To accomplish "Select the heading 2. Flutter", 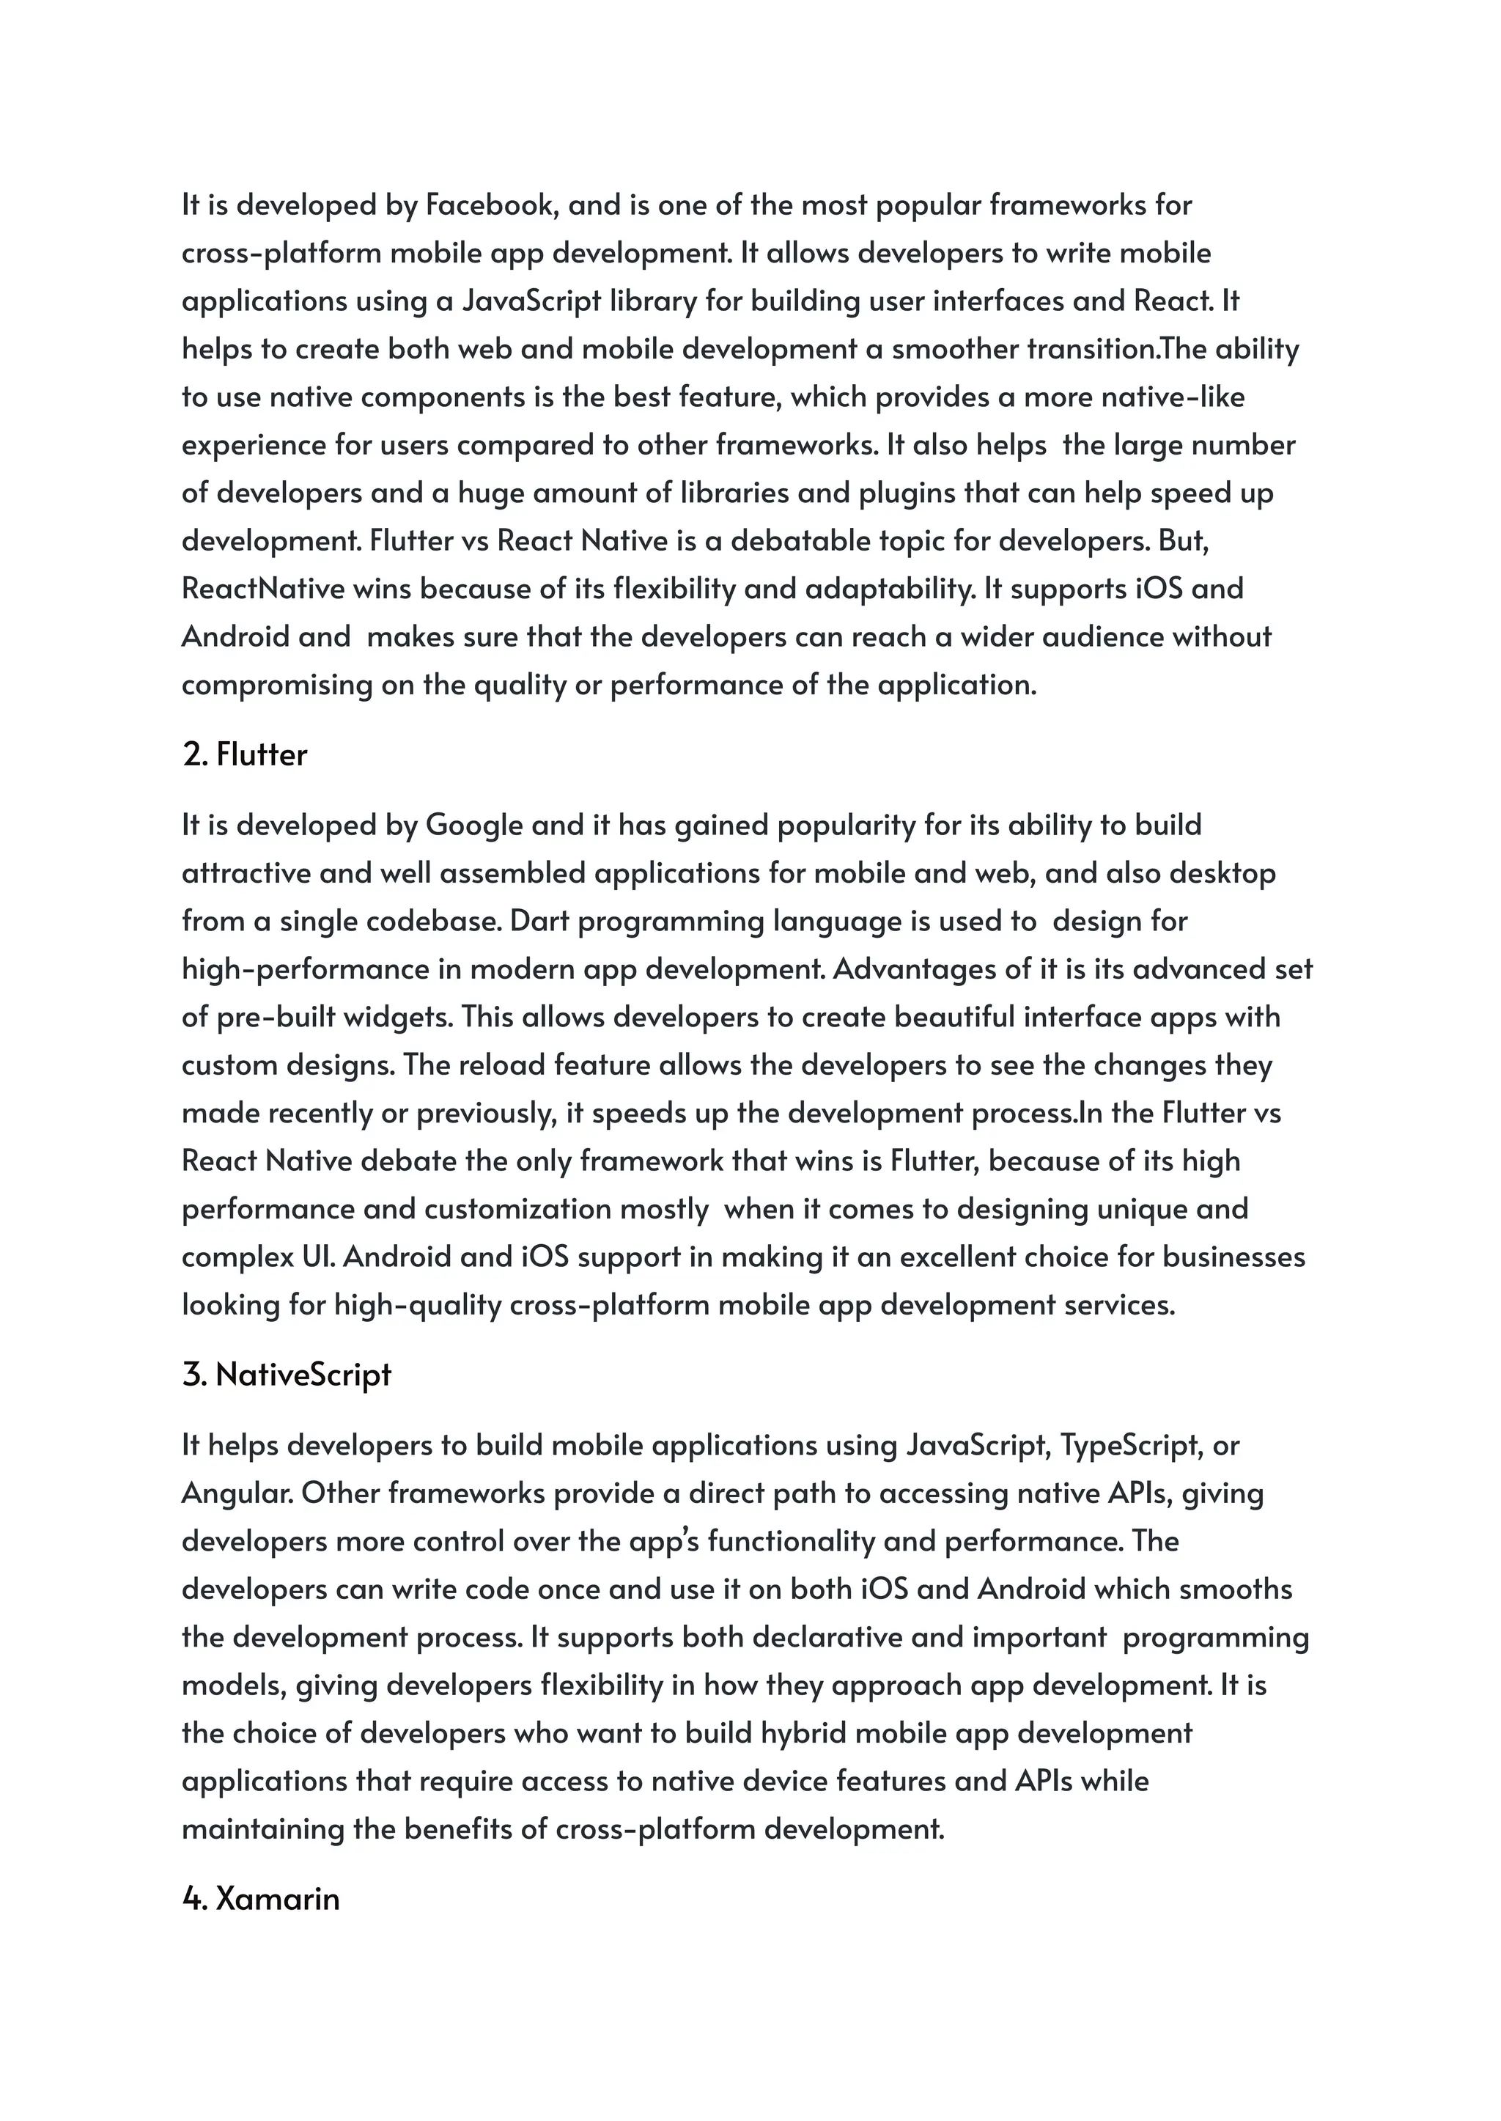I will point(245,754).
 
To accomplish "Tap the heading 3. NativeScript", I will point(287,1375).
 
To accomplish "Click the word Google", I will point(474,825).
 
